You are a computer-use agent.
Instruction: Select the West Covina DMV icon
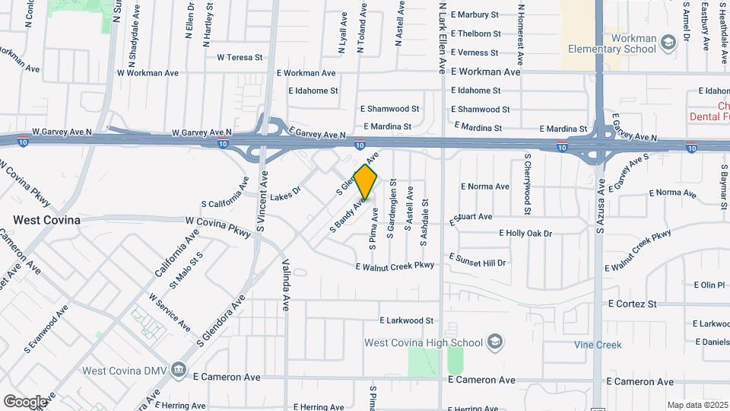coord(178,371)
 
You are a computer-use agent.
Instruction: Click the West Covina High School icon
coord(495,341)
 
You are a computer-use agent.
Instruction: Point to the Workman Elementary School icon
coord(668,41)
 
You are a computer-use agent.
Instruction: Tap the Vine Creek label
coord(598,345)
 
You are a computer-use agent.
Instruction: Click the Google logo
coord(25,401)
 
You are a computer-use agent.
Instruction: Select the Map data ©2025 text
coord(697,405)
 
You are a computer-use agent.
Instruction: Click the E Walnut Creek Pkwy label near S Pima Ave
coord(395,265)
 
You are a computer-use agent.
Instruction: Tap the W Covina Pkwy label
coord(218,226)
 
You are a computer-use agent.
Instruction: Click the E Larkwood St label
coord(406,320)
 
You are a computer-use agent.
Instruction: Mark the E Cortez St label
coord(632,304)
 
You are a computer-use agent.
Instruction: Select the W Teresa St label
coord(240,57)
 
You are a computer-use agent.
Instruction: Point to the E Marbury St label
coord(474,14)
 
